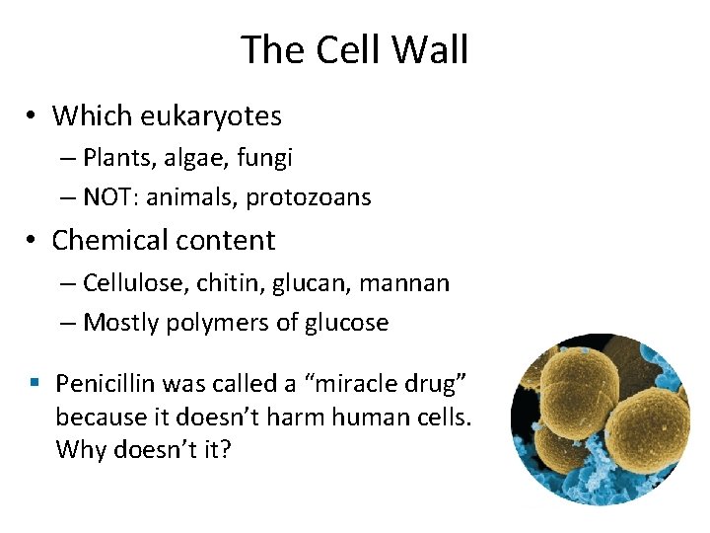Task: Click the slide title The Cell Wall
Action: point(354,49)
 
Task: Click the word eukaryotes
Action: point(211,116)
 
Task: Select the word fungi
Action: point(266,157)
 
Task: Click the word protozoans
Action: point(309,197)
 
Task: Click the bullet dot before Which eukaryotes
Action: point(33,117)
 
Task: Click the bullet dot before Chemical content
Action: point(33,241)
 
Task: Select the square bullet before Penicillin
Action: point(33,383)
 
